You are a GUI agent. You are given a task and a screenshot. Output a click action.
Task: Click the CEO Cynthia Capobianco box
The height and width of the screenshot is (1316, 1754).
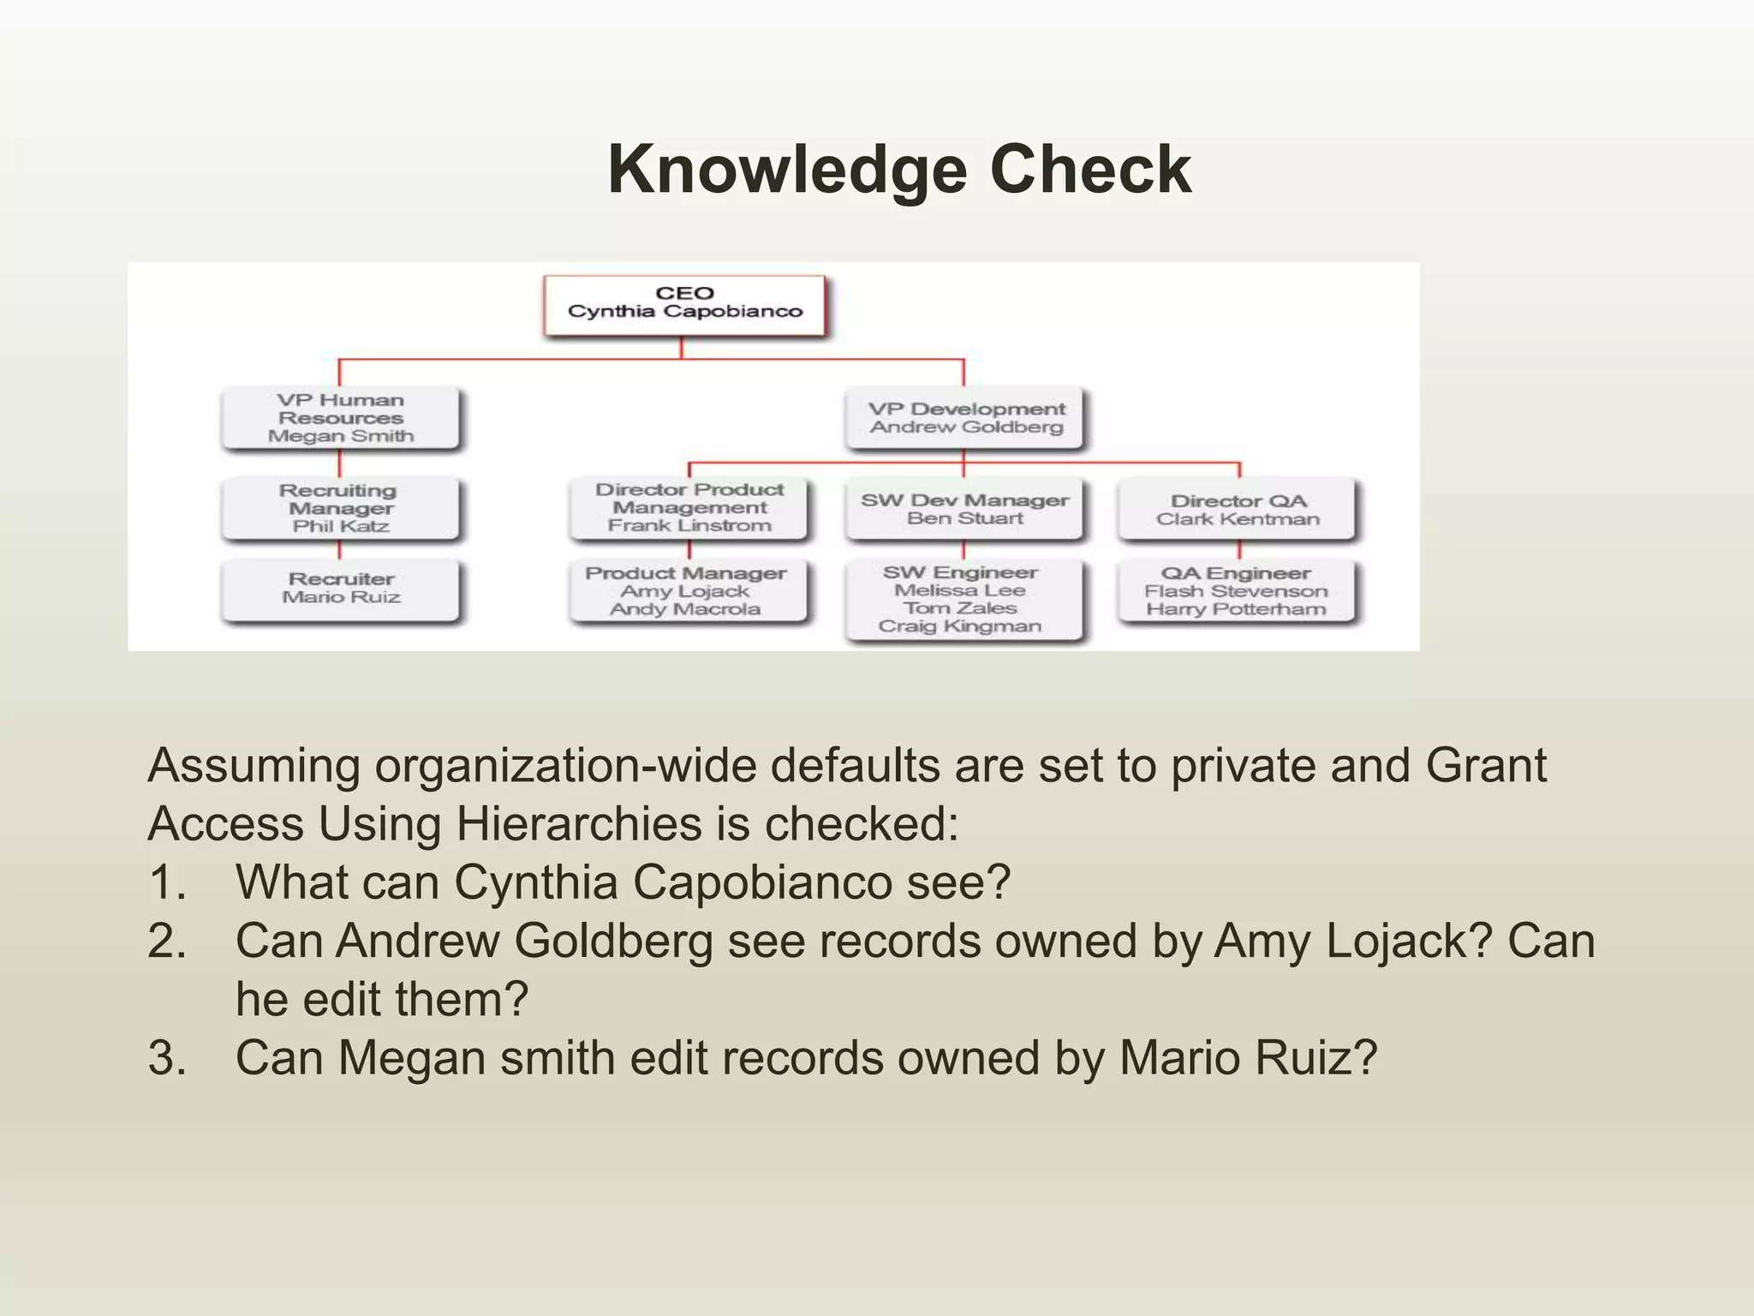pyautogui.click(x=684, y=303)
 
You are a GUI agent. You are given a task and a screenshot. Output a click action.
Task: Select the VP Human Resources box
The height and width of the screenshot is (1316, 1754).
pyautogui.click(x=340, y=418)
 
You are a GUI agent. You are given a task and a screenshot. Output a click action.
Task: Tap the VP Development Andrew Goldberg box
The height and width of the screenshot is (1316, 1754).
pyautogui.click(x=965, y=418)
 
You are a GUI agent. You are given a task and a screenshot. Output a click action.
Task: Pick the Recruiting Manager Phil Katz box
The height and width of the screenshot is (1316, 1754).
pyautogui.click(x=340, y=508)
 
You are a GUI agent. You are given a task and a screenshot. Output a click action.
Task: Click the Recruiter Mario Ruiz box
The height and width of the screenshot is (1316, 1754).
pyautogui.click(x=340, y=589)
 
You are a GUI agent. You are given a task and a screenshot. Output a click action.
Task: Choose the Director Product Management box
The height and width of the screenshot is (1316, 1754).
pyautogui.click(x=689, y=508)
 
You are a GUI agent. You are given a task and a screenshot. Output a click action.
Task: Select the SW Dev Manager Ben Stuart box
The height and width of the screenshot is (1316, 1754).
pyautogui.click(x=965, y=509)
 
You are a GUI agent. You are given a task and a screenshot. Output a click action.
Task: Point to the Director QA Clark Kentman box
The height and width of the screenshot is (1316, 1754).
pyautogui.click(x=1238, y=510)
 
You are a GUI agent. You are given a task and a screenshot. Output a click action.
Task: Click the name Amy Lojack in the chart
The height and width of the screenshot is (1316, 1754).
pyautogui.click(x=684, y=591)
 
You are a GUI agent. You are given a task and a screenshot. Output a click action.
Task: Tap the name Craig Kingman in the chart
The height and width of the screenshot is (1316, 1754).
pyautogui.click(x=960, y=626)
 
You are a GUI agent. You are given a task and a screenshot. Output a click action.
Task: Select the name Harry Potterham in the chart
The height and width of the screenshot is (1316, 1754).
pyautogui.click(x=1236, y=609)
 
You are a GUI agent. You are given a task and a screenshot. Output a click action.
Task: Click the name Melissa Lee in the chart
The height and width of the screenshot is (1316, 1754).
pyautogui.click(x=960, y=590)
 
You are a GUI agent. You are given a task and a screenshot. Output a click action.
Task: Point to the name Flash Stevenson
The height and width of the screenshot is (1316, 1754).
pyautogui.click(x=1236, y=591)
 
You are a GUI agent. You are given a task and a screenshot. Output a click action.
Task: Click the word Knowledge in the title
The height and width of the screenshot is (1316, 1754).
pyautogui.click(x=787, y=170)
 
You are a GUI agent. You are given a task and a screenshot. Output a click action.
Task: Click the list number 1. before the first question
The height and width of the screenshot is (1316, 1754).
pyautogui.click(x=167, y=882)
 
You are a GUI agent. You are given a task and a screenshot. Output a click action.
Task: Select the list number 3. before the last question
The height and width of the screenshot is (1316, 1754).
pyautogui.click(x=167, y=1057)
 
